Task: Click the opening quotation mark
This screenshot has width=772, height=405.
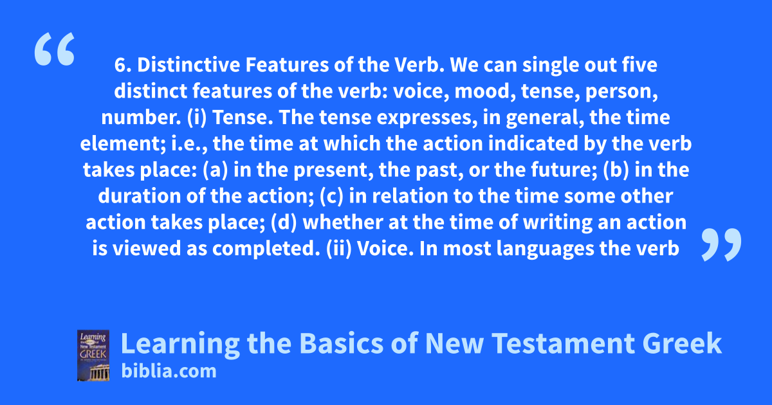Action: tap(55, 49)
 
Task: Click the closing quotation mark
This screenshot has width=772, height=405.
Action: tap(721, 244)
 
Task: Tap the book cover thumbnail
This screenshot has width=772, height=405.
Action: tap(93, 355)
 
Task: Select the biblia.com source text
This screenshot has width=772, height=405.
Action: tap(169, 372)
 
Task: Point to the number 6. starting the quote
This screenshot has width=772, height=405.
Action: tap(123, 65)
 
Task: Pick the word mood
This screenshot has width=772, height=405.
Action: tap(485, 91)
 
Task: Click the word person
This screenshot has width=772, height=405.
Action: tap(621, 92)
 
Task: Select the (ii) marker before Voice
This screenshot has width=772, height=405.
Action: tap(339, 249)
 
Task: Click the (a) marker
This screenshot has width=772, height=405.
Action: tap(216, 170)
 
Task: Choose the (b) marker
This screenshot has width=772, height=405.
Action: tap(616, 170)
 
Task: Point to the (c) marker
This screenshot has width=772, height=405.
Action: tap(331, 196)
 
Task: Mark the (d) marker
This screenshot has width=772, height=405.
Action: tap(284, 222)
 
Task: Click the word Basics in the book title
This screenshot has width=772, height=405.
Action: tap(341, 343)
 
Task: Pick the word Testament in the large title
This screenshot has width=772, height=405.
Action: tap(564, 343)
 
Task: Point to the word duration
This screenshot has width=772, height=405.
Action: tap(140, 196)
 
